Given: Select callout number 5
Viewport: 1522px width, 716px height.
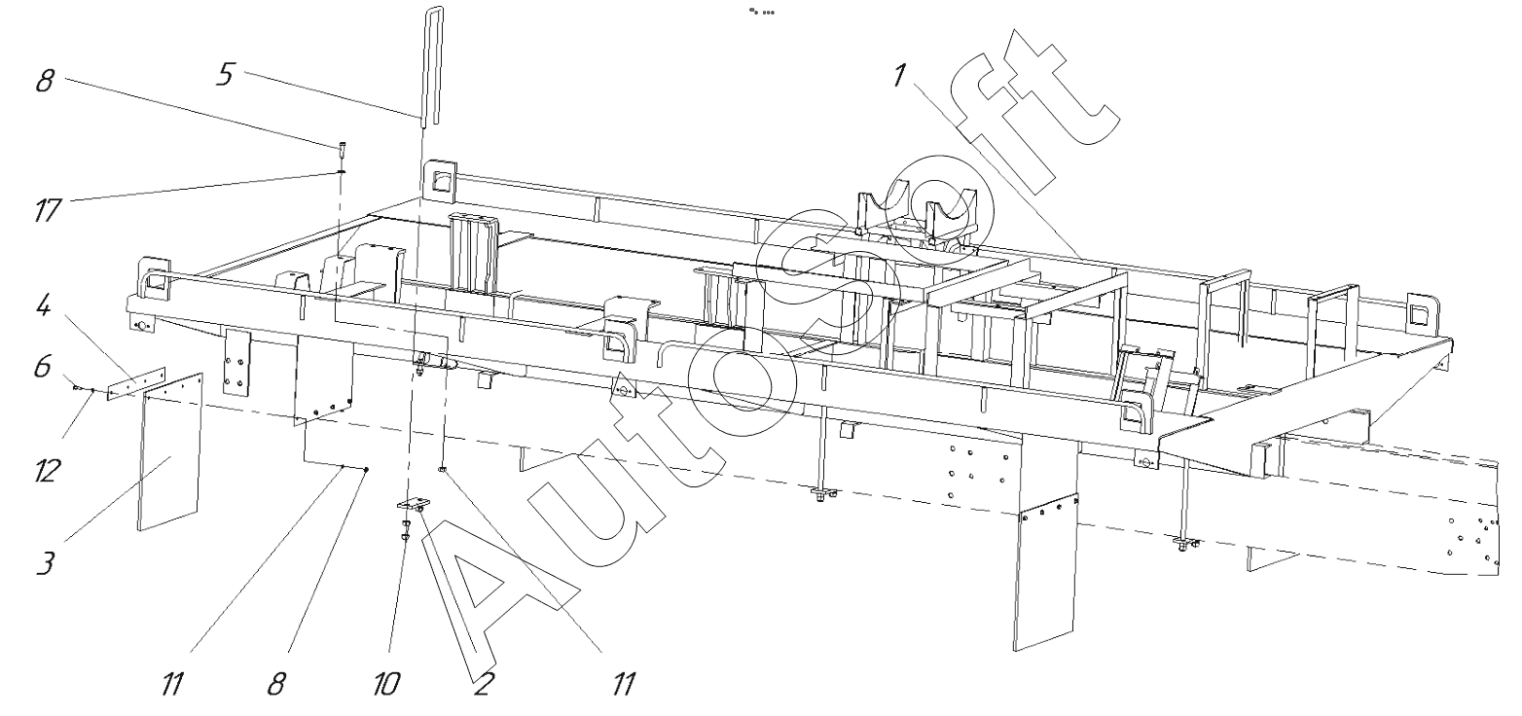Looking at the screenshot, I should point(225,75).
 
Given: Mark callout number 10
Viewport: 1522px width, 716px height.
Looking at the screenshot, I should point(385,684).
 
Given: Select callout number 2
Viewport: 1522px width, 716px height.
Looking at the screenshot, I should point(480,684).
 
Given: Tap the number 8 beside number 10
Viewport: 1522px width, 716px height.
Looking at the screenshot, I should point(276,684).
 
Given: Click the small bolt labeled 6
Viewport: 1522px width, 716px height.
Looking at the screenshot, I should point(76,387).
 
